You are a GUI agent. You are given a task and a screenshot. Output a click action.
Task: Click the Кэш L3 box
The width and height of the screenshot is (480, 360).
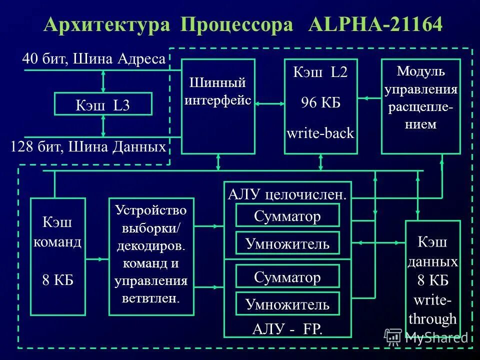pos(102,104)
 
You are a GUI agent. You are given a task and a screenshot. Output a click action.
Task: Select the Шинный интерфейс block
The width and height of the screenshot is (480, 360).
pos(218,106)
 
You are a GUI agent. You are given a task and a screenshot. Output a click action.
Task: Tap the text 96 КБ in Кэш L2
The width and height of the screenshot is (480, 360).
pos(320,103)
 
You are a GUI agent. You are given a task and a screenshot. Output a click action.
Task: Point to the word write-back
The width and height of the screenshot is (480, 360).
pos(320,133)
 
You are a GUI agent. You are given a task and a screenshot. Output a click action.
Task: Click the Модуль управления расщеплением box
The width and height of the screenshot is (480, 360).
pos(420,106)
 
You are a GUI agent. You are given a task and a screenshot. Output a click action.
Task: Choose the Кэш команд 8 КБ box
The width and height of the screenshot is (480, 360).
pos(57,256)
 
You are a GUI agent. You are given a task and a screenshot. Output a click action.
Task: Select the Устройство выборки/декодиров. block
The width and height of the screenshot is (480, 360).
pos(151,256)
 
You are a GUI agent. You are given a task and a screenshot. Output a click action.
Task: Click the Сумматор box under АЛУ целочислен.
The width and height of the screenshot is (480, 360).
pos(287,215)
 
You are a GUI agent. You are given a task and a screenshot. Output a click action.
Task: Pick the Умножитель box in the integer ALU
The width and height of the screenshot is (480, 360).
pos(287,243)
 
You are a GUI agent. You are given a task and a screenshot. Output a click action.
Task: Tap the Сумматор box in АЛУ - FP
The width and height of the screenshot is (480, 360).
pos(287,276)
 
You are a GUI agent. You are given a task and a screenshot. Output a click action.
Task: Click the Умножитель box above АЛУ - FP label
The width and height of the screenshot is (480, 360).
pos(287,303)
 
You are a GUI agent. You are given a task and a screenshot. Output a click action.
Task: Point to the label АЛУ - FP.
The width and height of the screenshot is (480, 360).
pos(287,328)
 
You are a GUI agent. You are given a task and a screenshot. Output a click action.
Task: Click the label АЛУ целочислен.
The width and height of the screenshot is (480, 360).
pos(287,194)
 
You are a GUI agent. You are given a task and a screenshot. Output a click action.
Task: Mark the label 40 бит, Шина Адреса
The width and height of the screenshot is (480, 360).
pos(93,59)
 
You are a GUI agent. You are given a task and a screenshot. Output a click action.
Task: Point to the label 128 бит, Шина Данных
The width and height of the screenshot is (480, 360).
pos(88,147)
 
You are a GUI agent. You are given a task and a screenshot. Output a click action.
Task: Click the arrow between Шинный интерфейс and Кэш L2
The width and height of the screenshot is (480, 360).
pos(269,103)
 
